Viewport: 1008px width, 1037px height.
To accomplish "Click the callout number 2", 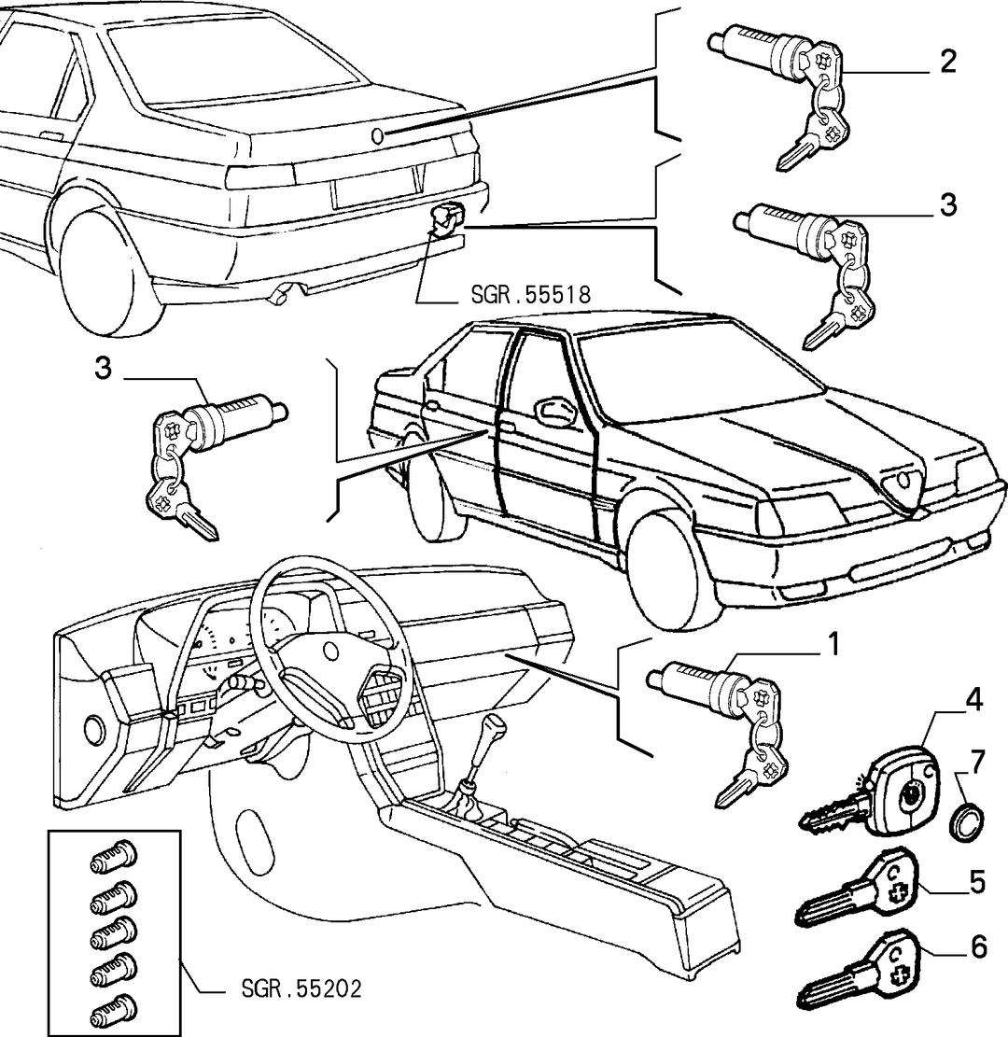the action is tap(948, 62).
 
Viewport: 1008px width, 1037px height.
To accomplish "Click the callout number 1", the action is tap(833, 644).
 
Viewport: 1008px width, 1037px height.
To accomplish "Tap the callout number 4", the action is tap(973, 700).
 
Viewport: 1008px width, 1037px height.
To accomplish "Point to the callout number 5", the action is tap(977, 882).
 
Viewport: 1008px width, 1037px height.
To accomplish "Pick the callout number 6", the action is tap(978, 947).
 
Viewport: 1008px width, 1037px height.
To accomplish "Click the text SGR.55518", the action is tap(530, 294).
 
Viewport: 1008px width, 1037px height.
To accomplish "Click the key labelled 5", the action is tap(857, 888).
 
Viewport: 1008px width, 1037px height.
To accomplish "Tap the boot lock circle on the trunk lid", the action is tap(378, 135).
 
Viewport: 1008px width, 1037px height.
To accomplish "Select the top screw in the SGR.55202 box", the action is tap(113, 858).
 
